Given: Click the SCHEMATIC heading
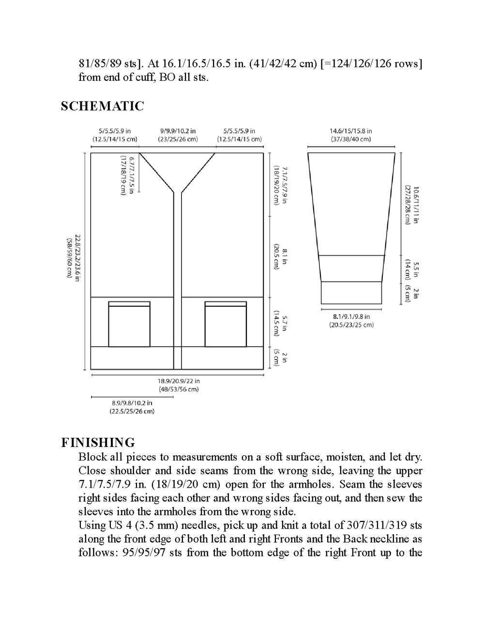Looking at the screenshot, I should [102, 106].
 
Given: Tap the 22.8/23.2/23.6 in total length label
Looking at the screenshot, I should [73, 256].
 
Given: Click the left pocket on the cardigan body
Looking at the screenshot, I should [129, 324].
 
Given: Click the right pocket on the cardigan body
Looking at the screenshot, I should [226, 324].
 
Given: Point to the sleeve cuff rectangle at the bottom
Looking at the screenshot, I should [351, 293].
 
